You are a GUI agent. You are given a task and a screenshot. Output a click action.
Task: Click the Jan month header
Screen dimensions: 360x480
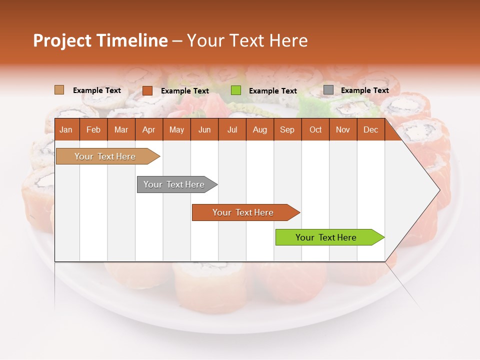coord(66,129)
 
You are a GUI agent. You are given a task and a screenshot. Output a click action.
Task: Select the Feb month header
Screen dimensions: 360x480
coord(93,129)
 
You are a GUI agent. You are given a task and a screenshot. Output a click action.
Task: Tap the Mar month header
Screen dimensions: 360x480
coord(121,129)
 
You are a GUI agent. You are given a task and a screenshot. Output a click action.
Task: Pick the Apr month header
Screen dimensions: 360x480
coord(148,129)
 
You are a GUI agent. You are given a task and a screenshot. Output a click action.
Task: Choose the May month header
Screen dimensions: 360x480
coord(176,129)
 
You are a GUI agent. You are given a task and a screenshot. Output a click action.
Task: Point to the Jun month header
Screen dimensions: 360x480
coord(204,129)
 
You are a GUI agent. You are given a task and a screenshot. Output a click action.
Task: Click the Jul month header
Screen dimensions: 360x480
coord(232,129)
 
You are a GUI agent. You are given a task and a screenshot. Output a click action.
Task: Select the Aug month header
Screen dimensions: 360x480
coord(260,129)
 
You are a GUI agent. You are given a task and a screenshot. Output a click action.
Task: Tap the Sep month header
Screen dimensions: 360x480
coord(287,129)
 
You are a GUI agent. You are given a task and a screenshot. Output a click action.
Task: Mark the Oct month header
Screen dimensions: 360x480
coord(315,129)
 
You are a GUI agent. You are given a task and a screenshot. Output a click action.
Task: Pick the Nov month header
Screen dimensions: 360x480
coord(343,129)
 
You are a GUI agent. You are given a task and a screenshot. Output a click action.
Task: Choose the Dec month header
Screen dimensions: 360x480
coord(371,129)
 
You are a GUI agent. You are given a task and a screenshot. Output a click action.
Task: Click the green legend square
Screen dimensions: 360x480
coord(236,90)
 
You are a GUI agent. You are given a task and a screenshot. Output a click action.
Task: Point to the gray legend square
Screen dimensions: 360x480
coord(328,90)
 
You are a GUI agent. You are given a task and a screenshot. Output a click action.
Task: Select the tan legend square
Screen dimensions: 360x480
coord(59,90)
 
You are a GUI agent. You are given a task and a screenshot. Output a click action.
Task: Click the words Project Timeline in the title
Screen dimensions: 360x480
coord(100,40)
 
